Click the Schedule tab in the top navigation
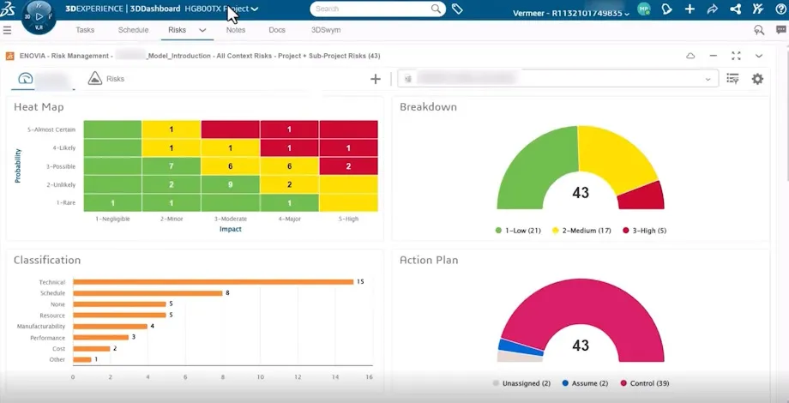pos(133,30)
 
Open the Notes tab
pos(235,30)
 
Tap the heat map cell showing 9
pos(230,184)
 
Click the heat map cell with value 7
pos(171,165)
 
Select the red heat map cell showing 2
pos(347,165)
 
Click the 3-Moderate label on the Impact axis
pos(230,219)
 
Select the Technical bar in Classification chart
pos(213,281)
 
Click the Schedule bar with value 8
pos(148,292)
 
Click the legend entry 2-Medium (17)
pos(581,231)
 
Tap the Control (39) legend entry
pos(646,383)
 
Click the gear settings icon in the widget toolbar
pos(757,79)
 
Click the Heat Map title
pos(39,107)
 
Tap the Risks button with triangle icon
pos(106,79)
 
